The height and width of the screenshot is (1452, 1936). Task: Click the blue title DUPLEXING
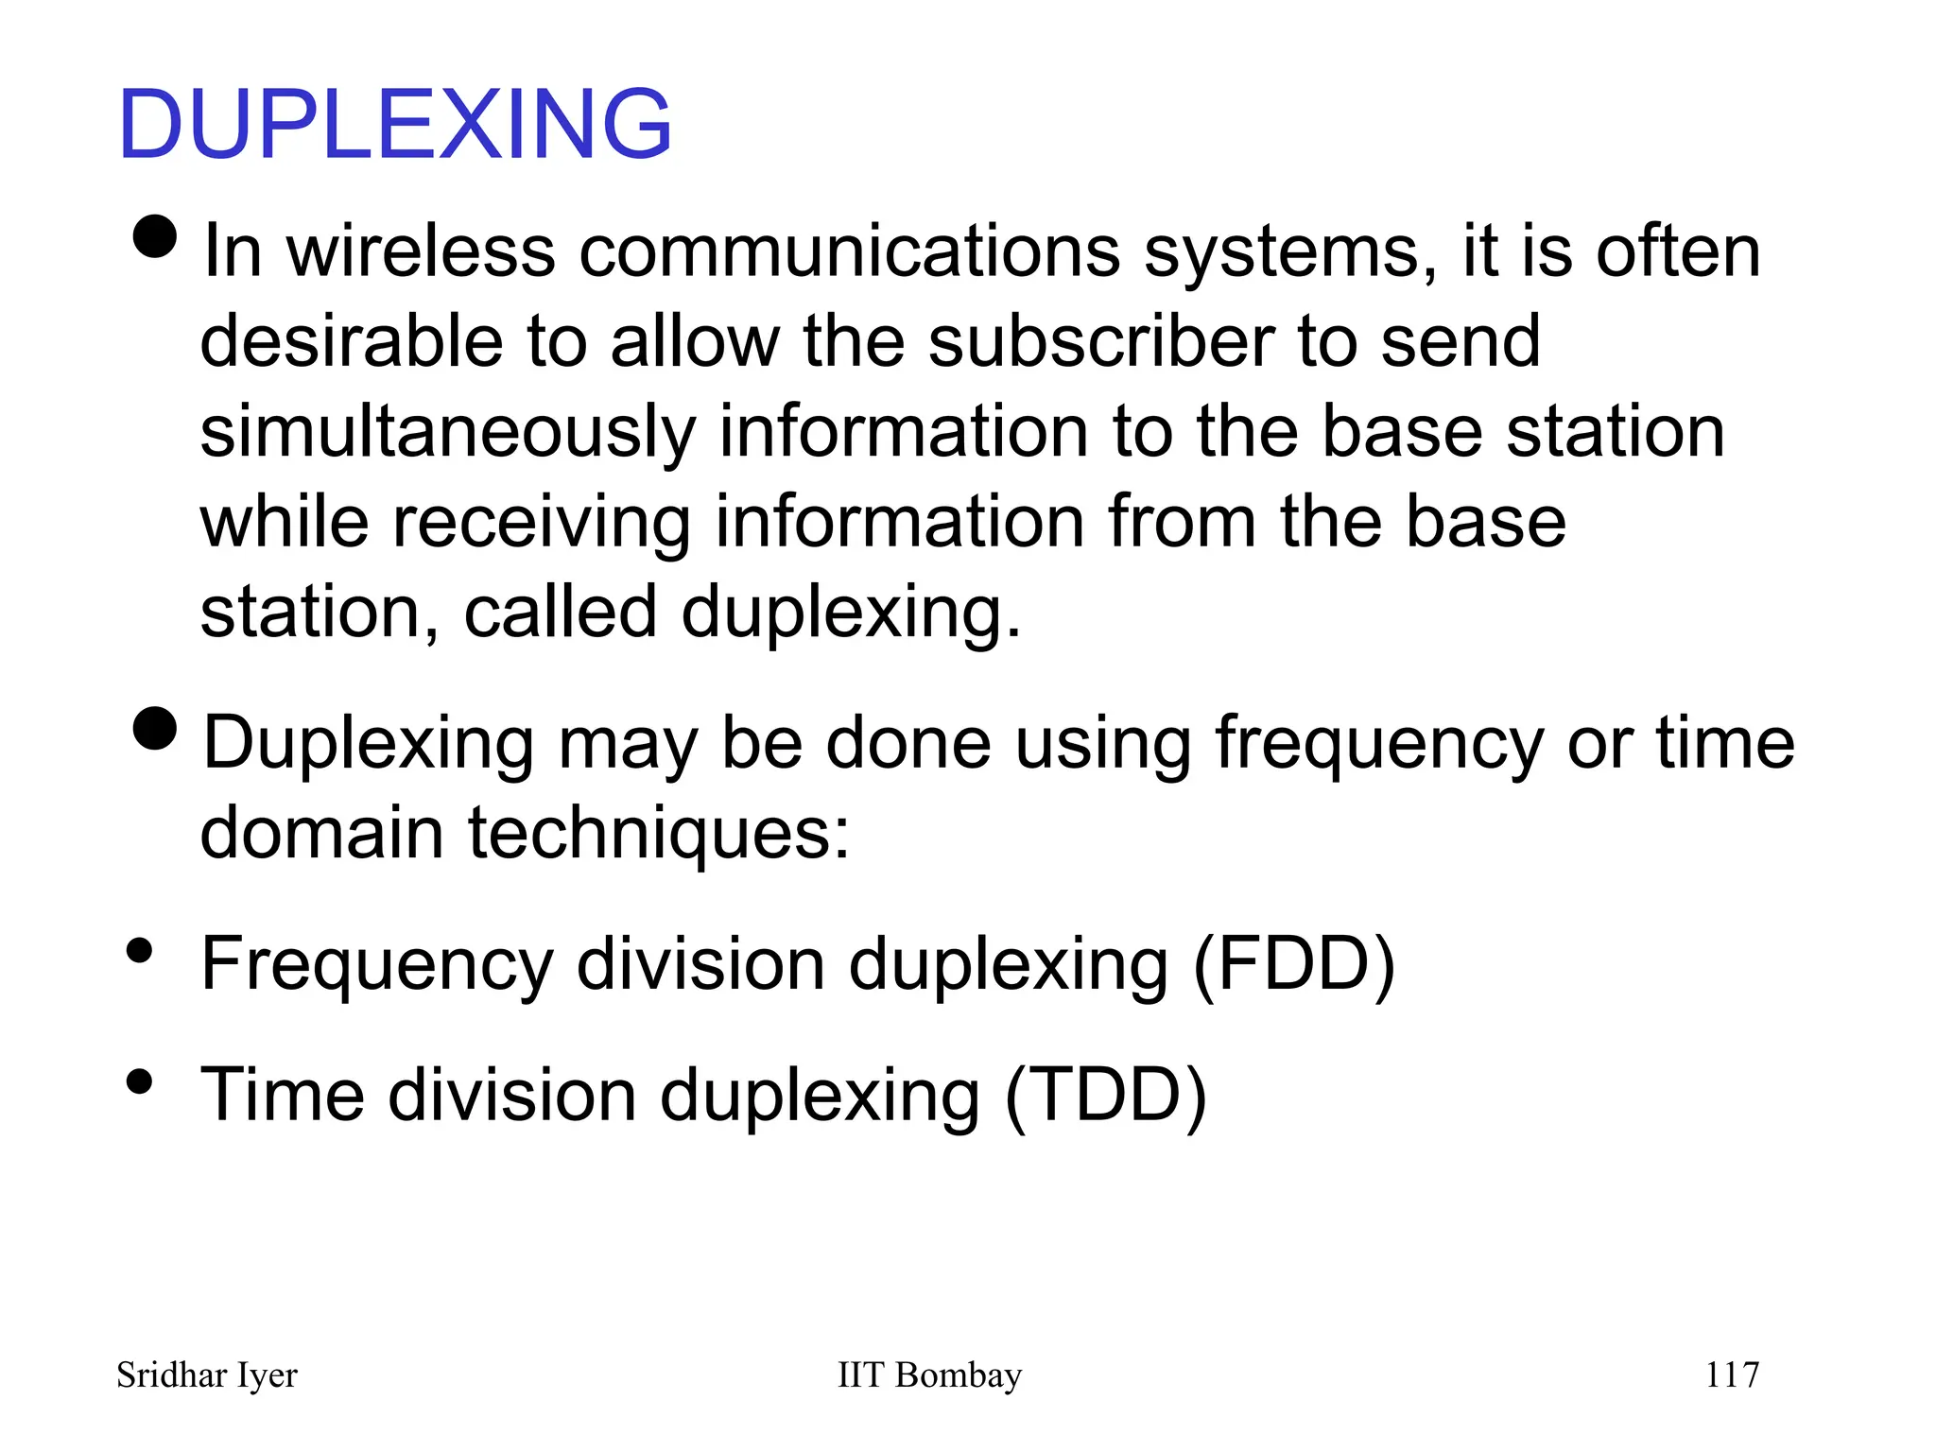pos(395,124)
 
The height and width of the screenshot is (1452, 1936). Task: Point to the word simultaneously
pos(447,432)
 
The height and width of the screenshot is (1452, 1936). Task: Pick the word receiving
pos(541,522)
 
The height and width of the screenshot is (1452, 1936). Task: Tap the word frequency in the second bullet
pos(1379,744)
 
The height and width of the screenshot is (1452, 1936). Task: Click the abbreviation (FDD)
pos(1293,965)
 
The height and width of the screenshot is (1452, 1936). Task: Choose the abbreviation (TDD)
pos(1105,1096)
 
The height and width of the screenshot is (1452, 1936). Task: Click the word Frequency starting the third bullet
pos(376,965)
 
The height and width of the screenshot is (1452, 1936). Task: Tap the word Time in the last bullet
pos(283,1096)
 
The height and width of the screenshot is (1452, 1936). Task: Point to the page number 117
pos(1732,1375)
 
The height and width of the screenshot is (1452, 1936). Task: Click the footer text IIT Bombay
pos(929,1375)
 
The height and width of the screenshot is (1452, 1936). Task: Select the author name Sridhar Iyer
pos(207,1375)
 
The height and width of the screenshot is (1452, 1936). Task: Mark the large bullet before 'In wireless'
pos(155,235)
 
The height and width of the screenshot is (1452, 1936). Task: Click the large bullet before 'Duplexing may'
pos(155,728)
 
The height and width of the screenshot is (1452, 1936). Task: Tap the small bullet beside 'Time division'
pos(140,1081)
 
